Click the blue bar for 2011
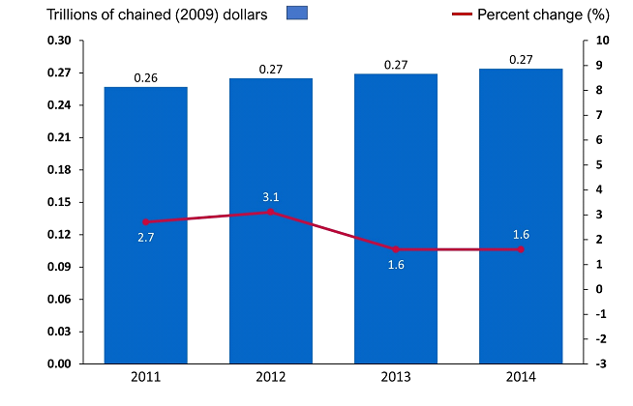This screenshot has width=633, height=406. (146, 290)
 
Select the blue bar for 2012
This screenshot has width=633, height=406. (271, 290)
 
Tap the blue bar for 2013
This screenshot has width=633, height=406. (396, 290)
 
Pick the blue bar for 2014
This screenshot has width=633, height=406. (521, 290)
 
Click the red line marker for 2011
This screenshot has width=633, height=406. (146, 221)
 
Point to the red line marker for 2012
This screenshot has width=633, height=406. (271, 212)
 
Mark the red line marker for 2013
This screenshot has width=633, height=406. (396, 249)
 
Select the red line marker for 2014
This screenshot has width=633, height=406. (521, 249)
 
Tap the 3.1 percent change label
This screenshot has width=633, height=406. (271, 197)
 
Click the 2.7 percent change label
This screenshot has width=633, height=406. (146, 237)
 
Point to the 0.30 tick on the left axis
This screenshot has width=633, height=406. (59, 41)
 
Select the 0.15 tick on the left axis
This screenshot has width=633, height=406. (59, 202)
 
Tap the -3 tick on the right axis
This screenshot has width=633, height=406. (602, 363)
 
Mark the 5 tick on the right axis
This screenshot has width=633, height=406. (600, 164)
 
